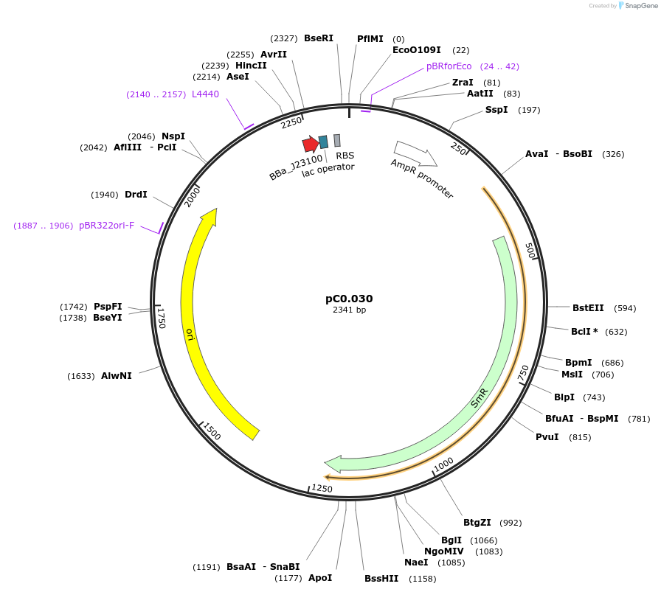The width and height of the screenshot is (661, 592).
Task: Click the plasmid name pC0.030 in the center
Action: coord(349,299)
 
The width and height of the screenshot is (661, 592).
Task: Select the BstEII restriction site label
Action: coord(588,308)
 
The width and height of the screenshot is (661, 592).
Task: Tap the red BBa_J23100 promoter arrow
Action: coord(310,144)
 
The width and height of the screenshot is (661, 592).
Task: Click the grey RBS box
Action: coord(337,140)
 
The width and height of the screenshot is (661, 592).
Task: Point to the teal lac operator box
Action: coord(323,142)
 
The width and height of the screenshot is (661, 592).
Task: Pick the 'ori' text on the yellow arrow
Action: coord(190,334)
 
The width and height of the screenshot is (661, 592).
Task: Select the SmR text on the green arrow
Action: coord(480,397)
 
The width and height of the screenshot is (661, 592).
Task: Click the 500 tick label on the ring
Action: coord(531,250)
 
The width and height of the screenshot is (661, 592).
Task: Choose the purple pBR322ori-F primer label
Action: coord(107,226)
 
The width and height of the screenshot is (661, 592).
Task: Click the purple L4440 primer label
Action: coord(205,94)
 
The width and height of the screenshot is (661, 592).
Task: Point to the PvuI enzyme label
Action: coord(547,437)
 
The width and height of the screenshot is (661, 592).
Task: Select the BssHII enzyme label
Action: coord(382,578)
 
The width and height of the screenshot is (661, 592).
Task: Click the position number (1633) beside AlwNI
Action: coord(81,376)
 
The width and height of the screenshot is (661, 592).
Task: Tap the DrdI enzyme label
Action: coord(136,195)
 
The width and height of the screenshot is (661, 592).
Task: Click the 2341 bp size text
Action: coord(349,310)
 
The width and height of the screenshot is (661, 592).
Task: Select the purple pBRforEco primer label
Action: coord(449,66)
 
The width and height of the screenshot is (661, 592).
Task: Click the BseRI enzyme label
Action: coord(319,38)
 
